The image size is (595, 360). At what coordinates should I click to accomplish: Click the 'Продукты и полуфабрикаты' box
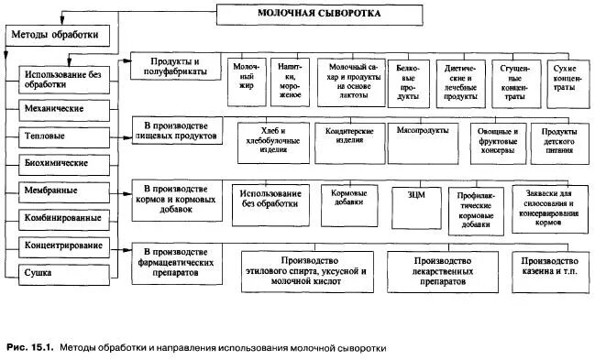tap(175, 67)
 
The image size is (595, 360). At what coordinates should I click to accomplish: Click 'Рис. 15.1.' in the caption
tap(28, 348)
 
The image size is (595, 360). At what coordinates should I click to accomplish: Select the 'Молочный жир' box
tap(244, 82)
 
